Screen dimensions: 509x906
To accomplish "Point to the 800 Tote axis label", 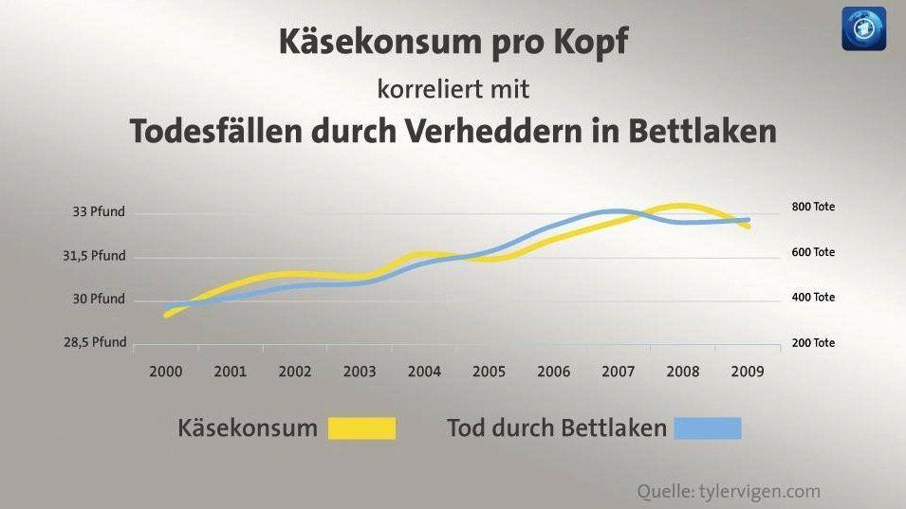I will tap(812, 207).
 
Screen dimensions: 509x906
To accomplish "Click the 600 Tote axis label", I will tap(812, 252).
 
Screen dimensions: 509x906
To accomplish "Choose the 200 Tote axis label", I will tap(812, 343).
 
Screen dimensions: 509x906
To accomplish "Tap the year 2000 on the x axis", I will tap(166, 372).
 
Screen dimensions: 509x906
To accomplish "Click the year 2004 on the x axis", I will tap(424, 372).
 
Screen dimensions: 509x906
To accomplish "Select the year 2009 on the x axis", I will tap(748, 372).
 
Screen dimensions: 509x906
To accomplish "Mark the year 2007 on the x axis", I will tap(619, 372).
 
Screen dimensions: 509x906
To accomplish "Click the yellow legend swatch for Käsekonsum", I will tap(361, 428).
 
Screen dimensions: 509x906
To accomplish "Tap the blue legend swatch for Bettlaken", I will tap(708, 428).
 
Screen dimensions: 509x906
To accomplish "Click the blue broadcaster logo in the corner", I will tap(863, 28).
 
